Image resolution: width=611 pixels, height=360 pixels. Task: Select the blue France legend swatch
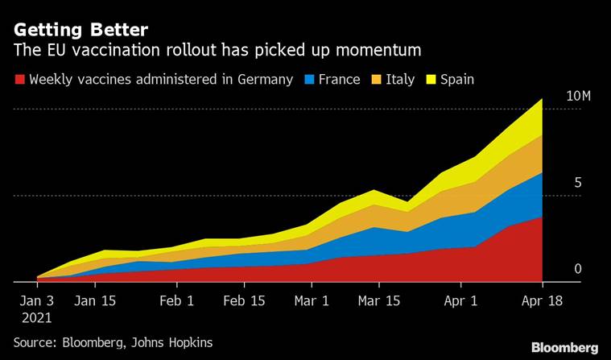[x=310, y=80]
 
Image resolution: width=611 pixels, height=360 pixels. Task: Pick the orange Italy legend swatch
[x=375, y=80]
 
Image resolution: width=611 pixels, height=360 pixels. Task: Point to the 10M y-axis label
[x=578, y=97]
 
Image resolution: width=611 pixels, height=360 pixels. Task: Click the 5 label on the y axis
[x=577, y=184]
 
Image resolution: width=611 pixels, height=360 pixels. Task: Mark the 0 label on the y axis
[x=577, y=269]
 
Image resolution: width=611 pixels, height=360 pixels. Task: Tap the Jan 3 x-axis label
[x=37, y=302]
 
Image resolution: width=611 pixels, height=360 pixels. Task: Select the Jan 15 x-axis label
[x=95, y=302]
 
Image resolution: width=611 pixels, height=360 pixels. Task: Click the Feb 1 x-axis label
[x=176, y=302]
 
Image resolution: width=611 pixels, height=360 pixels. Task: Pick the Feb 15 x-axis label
[x=244, y=302]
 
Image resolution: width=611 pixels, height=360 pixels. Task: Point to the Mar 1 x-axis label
[x=311, y=302]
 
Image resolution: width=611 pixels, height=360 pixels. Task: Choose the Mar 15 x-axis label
[x=378, y=302]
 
